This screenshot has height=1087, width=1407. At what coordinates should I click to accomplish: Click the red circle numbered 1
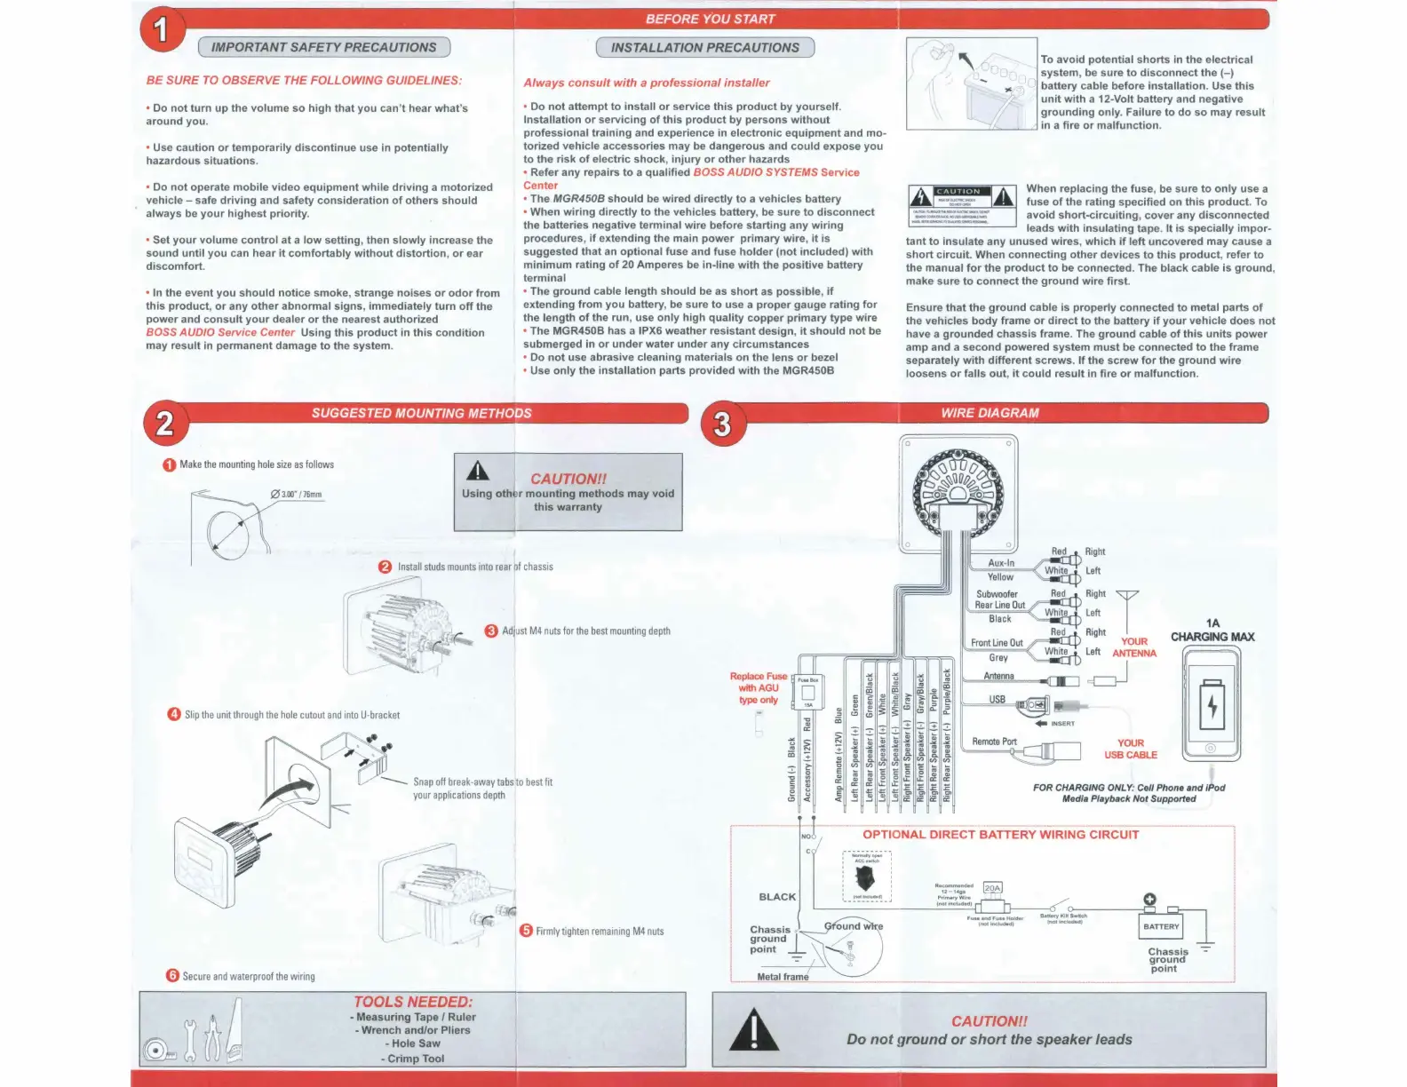(162, 29)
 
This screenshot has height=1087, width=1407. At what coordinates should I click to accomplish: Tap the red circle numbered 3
(722, 424)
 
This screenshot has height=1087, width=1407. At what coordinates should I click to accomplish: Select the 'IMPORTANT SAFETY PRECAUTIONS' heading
(323, 48)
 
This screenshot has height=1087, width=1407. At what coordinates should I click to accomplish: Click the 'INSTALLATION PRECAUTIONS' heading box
(704, 48)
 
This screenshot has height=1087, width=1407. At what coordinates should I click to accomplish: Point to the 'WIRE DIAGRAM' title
(990, 413)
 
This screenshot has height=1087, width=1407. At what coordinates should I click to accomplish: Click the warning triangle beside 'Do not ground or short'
(753, 1031)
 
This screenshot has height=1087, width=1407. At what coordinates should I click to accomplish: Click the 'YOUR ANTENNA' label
(1134, 647)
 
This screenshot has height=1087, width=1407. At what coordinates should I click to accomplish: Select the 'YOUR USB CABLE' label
(1131, 749)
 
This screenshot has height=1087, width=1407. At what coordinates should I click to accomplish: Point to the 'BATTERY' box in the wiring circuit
(1161, 926)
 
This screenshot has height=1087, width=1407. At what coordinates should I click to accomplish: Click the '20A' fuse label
(992, 888)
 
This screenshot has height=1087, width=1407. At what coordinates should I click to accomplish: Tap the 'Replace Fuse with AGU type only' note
(758, 688)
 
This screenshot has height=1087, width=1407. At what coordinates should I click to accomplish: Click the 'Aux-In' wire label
(1001, 563)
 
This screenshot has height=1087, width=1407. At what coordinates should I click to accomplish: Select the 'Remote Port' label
(994, 742)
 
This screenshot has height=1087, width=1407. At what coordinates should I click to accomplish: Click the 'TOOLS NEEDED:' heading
(413, 1002)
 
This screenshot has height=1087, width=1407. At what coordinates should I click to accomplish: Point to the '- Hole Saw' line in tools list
(413, 1043)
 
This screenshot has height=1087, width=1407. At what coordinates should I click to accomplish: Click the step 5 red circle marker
(526, 931)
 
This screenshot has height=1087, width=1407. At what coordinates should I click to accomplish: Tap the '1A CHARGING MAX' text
(1212, 631)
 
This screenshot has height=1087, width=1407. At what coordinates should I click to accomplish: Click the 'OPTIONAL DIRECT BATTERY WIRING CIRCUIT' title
(1000, 835)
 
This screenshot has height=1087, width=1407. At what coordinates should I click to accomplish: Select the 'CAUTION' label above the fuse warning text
(958, 192)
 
